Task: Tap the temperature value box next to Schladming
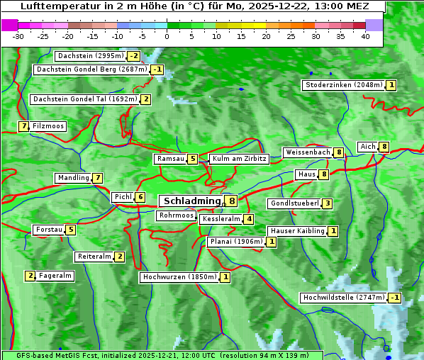[232, 201]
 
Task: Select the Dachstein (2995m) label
[90, 56]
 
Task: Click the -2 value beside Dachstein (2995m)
[133, 56]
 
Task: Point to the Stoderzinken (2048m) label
[343, 85]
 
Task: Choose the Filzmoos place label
[48, 126]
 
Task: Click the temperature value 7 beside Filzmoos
[24, 126]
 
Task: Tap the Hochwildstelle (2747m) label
[343, 298]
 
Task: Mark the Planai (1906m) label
[236, 242]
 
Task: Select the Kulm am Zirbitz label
[239, 159]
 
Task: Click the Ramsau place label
[170, 159]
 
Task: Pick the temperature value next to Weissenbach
[339, 152]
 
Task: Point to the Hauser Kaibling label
[297, 231]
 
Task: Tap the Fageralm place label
[55, 276]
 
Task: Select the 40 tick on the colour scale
[365, 36]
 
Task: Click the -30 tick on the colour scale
[18, 36]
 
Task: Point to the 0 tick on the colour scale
[167, 36]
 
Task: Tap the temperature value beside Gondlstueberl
[327, 204]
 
